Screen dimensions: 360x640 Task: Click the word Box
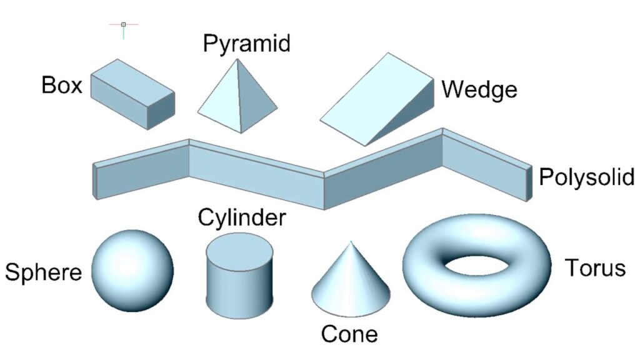tap(62, 85)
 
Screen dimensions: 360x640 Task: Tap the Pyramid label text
tap(247, 44)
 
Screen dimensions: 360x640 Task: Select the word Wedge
tap(479, 89)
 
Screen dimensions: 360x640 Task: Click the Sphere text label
tap(43, 272)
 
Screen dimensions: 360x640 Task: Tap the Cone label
tap(349, 334)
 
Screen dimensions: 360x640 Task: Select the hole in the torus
tap(476, 267)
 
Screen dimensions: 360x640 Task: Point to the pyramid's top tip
tap(236, 60)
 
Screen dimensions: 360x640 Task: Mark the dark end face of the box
tap(161, 111)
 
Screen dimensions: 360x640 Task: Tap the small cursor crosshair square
tap(123, 24)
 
